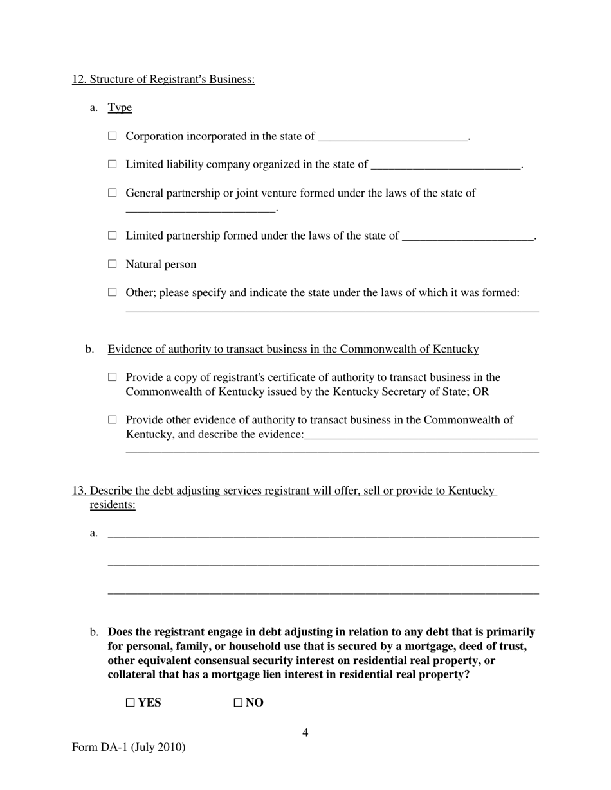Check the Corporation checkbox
[113, 136]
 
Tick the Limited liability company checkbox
[113, 164]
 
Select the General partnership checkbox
[113, 192]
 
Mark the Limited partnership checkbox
[113, 235]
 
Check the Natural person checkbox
[113, 263]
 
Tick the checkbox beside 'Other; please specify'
[113, 292]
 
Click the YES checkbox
[130, 703]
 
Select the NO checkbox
[238, 703]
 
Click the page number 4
[305, 733]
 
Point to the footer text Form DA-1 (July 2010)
[129, 747]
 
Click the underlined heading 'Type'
[120, 107]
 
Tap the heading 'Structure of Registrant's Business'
[163, 79]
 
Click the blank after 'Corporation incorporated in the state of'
[392, 137]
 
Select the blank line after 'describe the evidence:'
[421, 435]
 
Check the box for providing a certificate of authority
[113, 377]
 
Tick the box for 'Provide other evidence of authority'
[113, 419]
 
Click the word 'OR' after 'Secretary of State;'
[480, 392]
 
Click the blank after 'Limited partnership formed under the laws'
[468, 236]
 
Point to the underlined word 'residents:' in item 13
[113, 505]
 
